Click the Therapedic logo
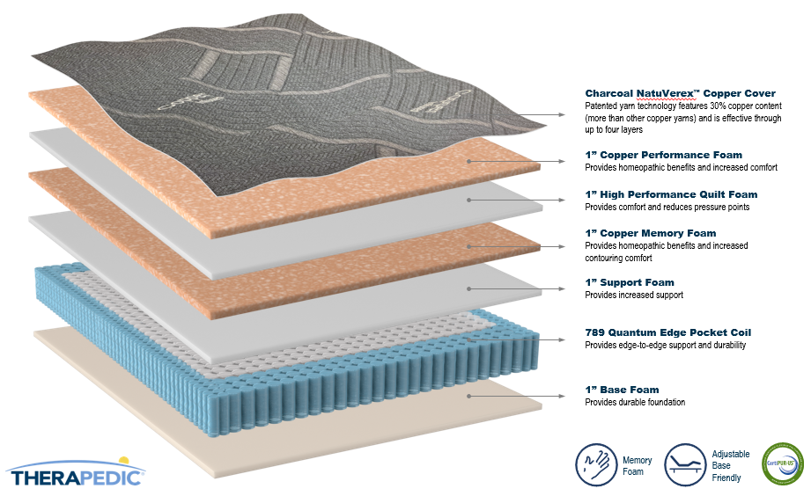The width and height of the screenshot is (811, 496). (x=76, y=472)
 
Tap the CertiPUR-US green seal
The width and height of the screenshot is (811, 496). (x=783, y=464)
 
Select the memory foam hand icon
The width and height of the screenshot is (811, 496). (x=596, y=464)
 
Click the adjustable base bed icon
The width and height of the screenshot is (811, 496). (x=685, y=464)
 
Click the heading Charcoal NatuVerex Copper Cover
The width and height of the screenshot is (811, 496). (x=680, y=93)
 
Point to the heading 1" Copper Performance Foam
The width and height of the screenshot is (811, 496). (x=664, y=155)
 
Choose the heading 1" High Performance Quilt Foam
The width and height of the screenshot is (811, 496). (x=671, y=194)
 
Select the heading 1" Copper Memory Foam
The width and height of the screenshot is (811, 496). (x=651, y=234)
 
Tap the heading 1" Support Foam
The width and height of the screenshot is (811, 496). (x=630, y=282)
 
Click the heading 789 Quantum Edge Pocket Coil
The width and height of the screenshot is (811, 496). (x=668, y=332)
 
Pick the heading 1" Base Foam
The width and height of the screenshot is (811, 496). (x=623, y=390)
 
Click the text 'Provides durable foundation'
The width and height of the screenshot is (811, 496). (x=635, y=403)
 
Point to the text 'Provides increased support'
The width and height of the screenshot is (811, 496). (x=634, y=295)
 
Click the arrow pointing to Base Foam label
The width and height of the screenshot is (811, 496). (x=516, y=397)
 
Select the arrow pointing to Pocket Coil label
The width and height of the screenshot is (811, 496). (x=516, y=340)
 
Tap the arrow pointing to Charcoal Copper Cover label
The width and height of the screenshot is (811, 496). (x=541, y=114)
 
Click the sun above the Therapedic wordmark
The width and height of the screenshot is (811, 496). (x=123, y=460)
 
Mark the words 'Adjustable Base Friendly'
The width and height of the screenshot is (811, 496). (x=730, y=465)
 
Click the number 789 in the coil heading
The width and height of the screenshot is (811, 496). (x=594, y=332)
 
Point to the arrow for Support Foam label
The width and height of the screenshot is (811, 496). (x=516, y=288)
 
